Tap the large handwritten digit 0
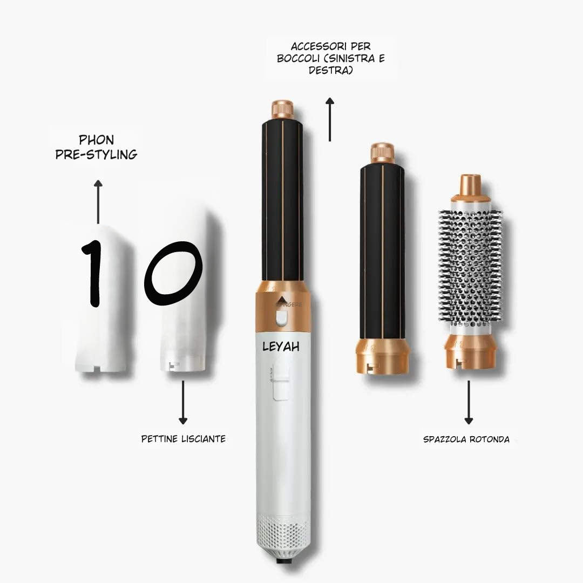pos(173,273)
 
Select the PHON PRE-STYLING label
pos(96,147)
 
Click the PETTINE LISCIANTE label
pos(184,439)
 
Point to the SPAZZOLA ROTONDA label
pos(466,439)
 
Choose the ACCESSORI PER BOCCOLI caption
pos(331,59)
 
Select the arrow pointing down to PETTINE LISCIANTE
pos(184,402)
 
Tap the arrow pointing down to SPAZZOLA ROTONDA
pos(469,402)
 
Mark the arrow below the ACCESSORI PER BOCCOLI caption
pos(329,119)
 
